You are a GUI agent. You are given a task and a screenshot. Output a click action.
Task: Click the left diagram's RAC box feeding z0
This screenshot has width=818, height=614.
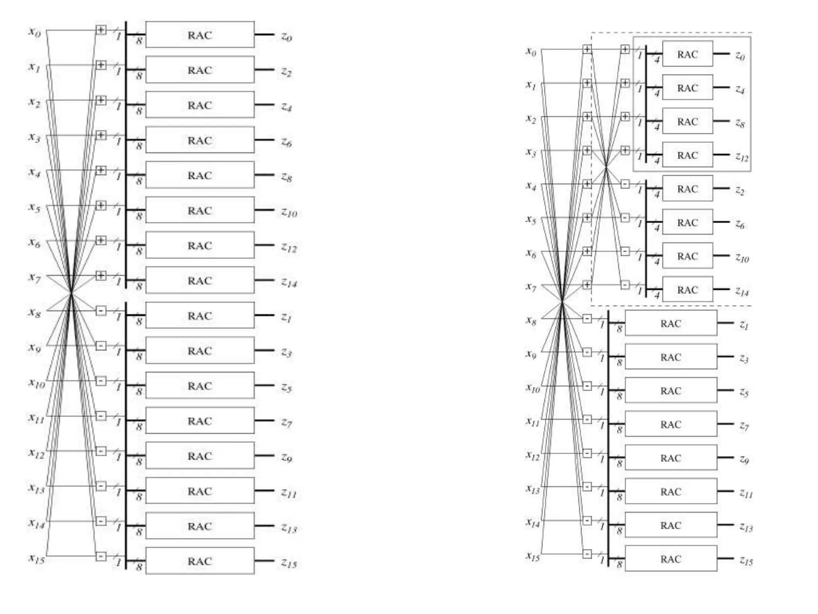tap(200, 35)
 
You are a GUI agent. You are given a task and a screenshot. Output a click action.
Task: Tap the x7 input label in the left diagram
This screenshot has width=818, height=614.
tap(34, 277)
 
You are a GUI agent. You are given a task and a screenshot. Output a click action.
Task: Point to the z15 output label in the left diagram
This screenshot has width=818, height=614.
tap(289, 563)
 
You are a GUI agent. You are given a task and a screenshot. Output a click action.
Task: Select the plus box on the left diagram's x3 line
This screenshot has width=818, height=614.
tap(101, 135)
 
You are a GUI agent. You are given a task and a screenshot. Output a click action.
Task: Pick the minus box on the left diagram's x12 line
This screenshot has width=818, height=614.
tap(101, 451)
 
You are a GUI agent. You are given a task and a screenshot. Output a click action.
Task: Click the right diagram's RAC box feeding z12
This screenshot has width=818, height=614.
tap(687, 155)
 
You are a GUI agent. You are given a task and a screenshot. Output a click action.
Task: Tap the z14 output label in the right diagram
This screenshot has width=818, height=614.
tap(742, 292)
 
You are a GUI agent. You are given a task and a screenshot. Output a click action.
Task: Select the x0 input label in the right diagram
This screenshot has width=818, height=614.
tap(530, 52)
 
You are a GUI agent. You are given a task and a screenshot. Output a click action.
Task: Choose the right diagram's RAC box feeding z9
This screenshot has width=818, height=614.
tap(671, 458)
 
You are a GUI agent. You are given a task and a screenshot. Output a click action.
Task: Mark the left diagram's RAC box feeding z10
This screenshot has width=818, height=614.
tap(200, 210)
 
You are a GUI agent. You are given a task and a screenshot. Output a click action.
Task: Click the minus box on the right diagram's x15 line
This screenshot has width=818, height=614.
tap(587, 554)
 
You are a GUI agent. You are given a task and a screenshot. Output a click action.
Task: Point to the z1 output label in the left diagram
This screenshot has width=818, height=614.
tap(286, 317)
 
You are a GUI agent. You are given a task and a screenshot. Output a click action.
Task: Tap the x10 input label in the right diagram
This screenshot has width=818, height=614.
tap(533, 388)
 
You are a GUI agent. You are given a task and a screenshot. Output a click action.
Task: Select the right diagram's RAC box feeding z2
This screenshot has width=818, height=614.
tap(687, 188)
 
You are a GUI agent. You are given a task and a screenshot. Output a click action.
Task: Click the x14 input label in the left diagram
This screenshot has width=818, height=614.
tap(36, 523)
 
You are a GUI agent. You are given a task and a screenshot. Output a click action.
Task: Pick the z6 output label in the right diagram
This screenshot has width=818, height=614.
tap(740, 225)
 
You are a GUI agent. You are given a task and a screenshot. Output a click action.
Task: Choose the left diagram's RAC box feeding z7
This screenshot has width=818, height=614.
tap(200, 421)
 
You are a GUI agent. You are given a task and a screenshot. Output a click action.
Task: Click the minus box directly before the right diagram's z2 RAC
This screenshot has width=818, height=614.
tap(625, 184)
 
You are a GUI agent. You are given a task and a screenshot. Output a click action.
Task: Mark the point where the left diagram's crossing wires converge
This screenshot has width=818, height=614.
tap(71, 293)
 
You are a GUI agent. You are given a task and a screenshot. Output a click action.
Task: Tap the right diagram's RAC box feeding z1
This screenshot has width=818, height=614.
tap(671, 323)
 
